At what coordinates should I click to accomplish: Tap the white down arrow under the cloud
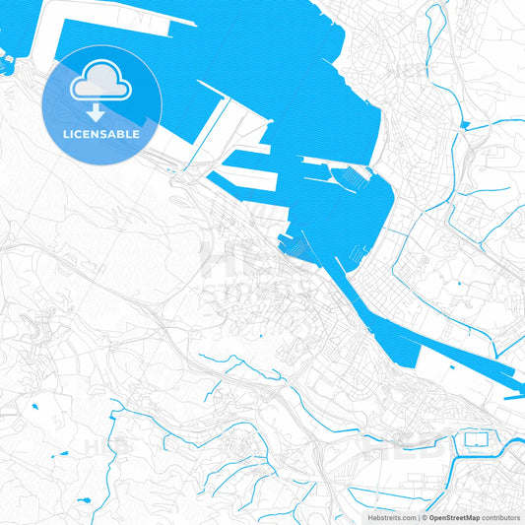pyautogui.click(x=95, y=110)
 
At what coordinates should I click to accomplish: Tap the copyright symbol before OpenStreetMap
pyautogui.click(x=424, y=517)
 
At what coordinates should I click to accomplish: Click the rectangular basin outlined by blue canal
pyautogui.click(x=476, y=438)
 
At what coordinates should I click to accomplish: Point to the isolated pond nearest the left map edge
pyautogui.click(x=34, y=405)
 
